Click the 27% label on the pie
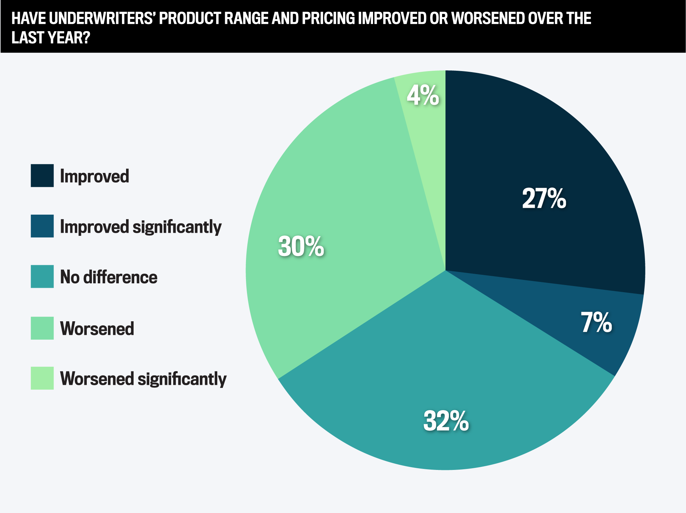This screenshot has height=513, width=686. point(544,199)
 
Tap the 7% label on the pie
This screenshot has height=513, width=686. point(596,322)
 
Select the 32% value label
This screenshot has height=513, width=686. point(446,421)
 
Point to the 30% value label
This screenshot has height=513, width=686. point(301,246)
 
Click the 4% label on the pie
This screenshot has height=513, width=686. point(423,96)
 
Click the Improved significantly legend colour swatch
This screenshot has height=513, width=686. point(42,226)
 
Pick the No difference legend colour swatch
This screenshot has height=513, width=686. point(42,276)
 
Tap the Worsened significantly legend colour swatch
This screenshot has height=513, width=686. point(42,378)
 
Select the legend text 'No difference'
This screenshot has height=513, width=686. point(109,277)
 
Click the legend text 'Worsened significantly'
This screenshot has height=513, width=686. point(143,379)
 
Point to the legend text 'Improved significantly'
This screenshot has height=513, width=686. point(141,227)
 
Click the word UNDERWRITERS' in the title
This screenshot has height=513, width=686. point(102,18)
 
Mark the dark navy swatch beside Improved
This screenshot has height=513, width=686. point(42,175)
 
